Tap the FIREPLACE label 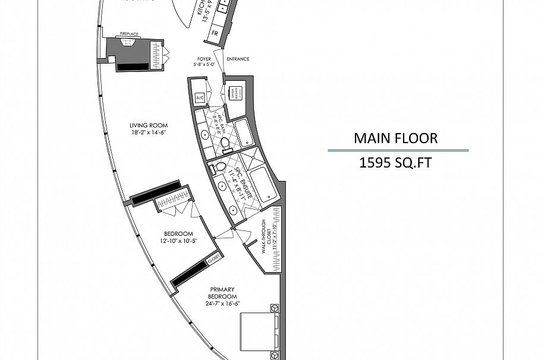129,34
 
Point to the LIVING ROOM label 149,125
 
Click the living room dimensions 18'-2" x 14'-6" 149,132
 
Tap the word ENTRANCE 237,59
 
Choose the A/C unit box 199,98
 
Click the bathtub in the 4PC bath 246,132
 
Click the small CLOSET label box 213,257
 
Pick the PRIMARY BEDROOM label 222,293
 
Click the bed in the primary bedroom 260,330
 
